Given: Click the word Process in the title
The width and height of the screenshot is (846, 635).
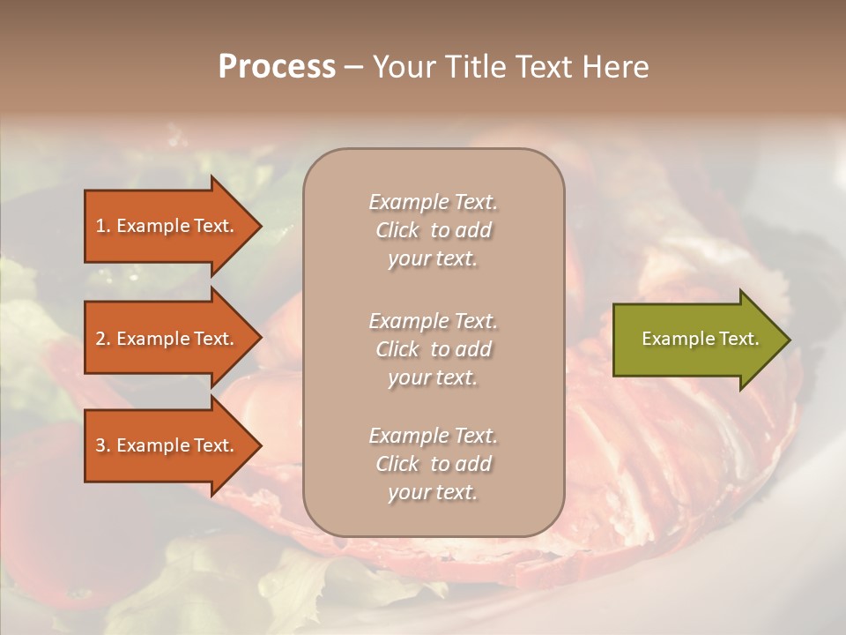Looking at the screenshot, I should coord(277,67).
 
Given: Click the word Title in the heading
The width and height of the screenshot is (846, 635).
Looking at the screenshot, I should coord(472,67).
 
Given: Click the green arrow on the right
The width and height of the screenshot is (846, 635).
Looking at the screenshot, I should coord(696,340).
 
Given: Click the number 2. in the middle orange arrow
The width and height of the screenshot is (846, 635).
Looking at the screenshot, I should coord(103,339).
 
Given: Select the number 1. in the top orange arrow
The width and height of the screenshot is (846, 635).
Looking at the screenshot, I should coord(103,226).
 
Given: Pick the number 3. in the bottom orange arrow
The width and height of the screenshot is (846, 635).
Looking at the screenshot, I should coord(103,445).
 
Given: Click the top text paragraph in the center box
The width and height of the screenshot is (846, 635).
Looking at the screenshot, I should coord(433,230).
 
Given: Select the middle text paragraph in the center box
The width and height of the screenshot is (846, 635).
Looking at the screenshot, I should coord(433,349).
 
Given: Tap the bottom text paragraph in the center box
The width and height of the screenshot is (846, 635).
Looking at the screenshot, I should coord(433,464).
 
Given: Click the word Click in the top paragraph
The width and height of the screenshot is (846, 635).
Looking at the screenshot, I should coord(397,230).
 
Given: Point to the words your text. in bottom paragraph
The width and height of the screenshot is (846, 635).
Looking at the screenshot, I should coord(433,492).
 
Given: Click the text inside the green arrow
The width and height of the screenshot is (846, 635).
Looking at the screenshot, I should coord(700,339).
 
